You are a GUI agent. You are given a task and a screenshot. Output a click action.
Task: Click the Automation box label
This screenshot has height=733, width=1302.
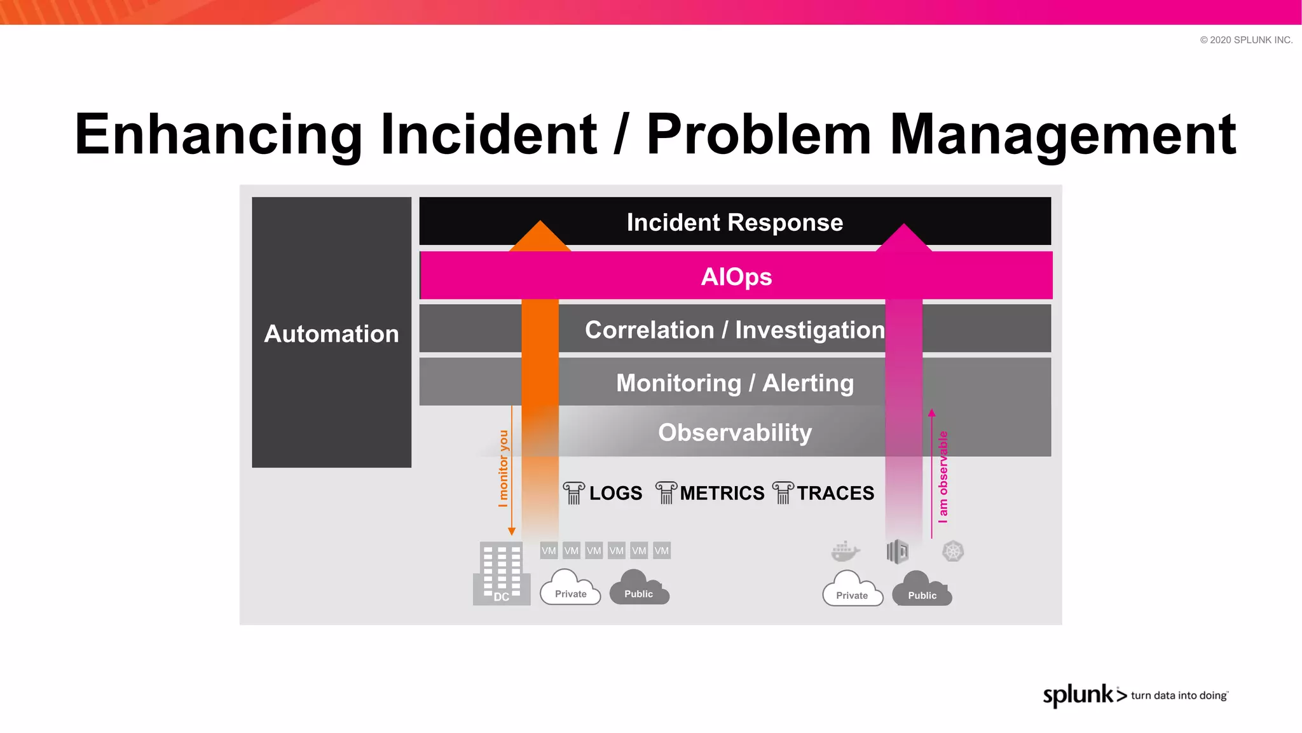pyautogui.click(x=331, y=334)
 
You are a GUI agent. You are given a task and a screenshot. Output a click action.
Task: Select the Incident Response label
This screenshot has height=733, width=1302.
pyautogui.click(x=734, y=223)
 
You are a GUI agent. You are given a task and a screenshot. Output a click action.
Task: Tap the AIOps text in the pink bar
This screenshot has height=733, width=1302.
pyautogui.click(x=736, y=277)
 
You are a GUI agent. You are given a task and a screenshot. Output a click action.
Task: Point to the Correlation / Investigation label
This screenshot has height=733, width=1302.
pyautogui.click(x=734, y=330)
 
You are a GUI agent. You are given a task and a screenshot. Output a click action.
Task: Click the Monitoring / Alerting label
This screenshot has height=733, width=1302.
pyautogui.click(x=734, y=383)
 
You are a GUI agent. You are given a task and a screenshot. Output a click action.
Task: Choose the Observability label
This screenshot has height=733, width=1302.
pyautogui.click(x=734, y=433)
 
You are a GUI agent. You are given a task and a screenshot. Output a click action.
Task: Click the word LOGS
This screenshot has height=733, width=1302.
pyautogui.click(x=615, y=493)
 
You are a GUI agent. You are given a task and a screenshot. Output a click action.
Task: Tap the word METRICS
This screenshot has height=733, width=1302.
pyautogui.click(x=722, y=493)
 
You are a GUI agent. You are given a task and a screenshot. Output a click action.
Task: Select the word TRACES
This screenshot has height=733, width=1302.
pyautogui.click(x=835, y=493)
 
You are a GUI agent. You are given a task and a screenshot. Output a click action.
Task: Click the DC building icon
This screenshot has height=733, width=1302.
pyautogui.click(x=501, y=573)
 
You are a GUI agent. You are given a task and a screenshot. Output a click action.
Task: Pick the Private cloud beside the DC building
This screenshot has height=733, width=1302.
pyautogui.click(x=570, y=588)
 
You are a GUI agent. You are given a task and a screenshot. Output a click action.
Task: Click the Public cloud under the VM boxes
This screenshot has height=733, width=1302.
pyautogui.click(x=639, y=588)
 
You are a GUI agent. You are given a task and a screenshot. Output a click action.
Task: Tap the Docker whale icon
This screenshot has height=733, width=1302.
pyautogui.click(x=845, y=551)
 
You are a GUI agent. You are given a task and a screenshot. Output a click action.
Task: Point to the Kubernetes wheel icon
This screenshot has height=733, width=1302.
pyautogui.click(x=953, y=551)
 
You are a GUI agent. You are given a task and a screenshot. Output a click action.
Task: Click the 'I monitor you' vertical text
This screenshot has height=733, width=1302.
pyautogui.click(x=504, y=468)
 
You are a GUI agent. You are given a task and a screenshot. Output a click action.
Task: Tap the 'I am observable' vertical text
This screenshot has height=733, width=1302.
pyautogui.click(x=943, y=477)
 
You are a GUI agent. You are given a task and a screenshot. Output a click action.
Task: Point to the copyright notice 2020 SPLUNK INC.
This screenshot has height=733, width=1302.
pyautogui.click(x=1246, y=40)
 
